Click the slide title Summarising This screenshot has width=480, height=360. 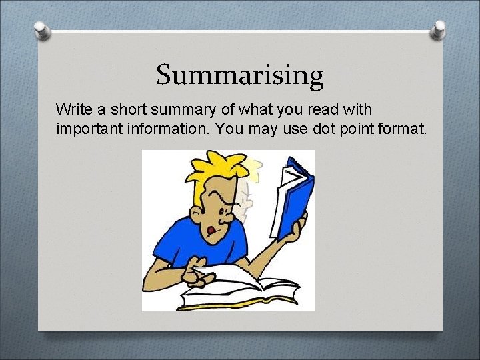click(240, 75)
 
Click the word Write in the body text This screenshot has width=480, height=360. click(73, 109)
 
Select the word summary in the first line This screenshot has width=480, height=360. click(176, 109)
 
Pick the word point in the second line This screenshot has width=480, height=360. click(358, 127)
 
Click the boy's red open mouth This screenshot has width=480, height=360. click(211, 231)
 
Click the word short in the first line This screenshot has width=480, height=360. click(130, 109)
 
